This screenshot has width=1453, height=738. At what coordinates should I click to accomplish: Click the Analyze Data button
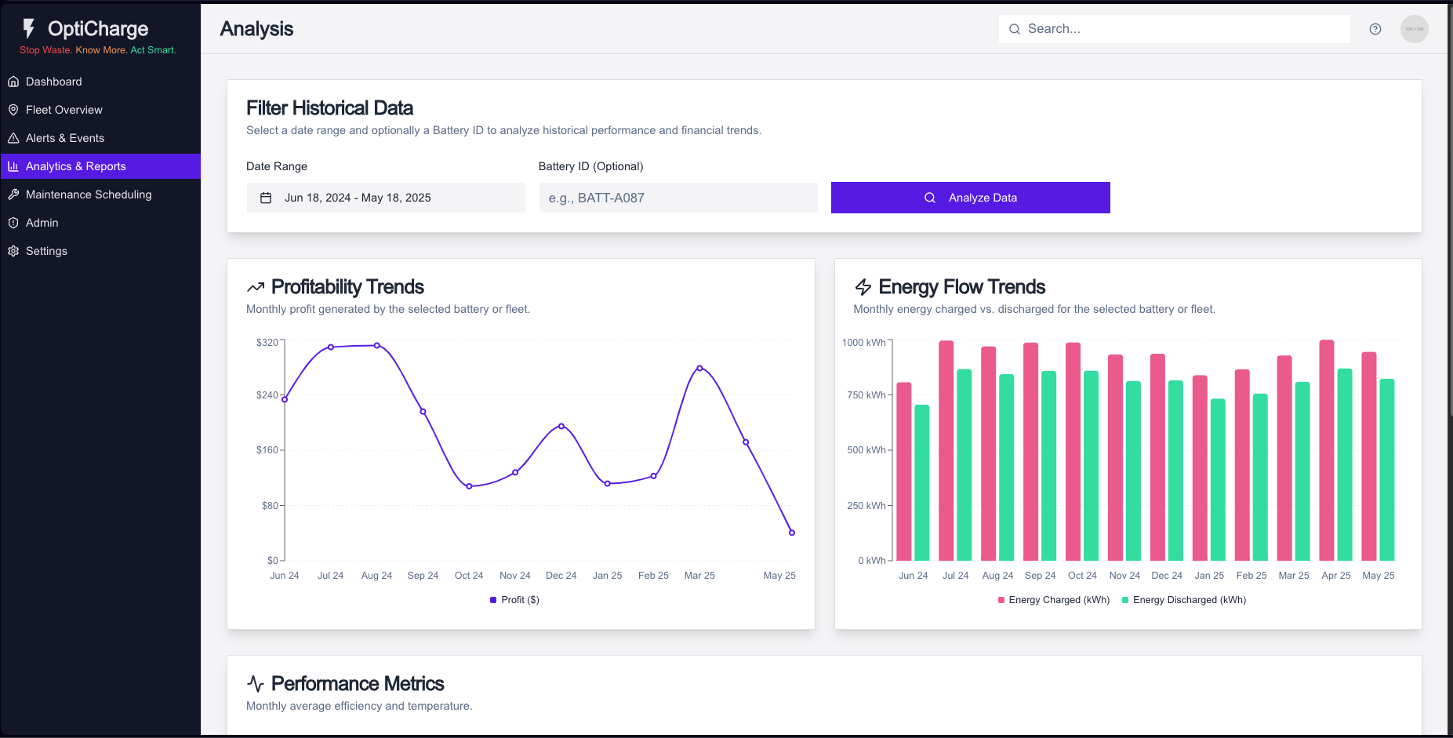[x=970, y=198]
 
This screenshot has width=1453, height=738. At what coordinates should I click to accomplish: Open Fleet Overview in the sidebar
[x=64, y=110]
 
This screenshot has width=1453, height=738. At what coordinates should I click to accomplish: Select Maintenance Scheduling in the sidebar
[x=88, y=194]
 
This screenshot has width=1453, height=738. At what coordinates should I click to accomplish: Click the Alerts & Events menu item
[x=64, y=138]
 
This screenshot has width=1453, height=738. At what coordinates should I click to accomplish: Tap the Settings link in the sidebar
[x=46, y=251]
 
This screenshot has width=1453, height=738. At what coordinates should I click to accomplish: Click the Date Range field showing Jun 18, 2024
[x=385, y=198]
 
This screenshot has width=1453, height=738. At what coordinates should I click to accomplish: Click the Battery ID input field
[x=677, y=198]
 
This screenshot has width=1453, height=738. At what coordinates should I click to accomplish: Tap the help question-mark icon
[x=1375, y=29]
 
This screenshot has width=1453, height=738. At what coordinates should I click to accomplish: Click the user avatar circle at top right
[x=1414, y=29]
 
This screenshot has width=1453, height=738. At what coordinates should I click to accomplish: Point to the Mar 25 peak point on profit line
[x=699, y=368]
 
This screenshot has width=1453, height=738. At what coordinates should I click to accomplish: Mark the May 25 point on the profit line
[x=792, y=533]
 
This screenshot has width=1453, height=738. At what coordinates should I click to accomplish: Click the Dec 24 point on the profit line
[x=561, y=426]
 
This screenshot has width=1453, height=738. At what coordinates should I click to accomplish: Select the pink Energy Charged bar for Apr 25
[x=1327, y=450]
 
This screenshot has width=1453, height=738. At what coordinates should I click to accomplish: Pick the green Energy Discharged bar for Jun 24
[x=922, y=482]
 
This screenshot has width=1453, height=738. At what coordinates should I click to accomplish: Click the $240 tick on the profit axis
[x=267, y=395]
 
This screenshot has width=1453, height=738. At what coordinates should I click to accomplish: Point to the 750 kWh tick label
[x=866, y=395]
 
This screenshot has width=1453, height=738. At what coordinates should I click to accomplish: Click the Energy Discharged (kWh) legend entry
[x=1184, y=600]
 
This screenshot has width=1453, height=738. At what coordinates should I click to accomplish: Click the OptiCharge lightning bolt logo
[x=29, y=29]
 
